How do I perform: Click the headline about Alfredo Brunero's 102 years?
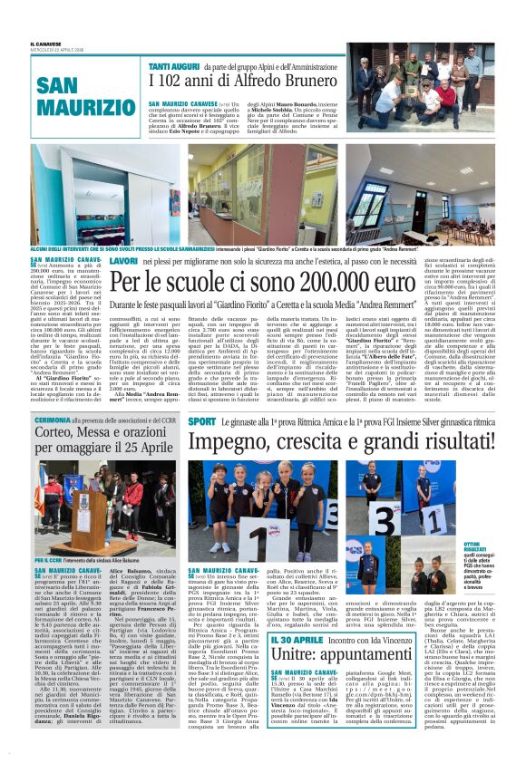coord(242,81)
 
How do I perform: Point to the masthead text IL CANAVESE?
coord(45,43)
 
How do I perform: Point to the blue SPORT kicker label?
coord(201,421)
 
